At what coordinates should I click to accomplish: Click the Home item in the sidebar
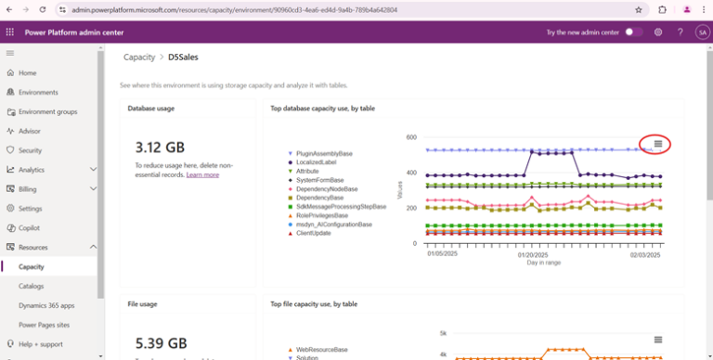[27, 72]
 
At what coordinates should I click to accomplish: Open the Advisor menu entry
[30, 131]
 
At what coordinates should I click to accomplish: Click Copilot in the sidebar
[29, 227]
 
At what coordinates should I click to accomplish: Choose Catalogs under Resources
[32, 286]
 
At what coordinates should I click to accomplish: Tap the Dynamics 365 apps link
[46, 305]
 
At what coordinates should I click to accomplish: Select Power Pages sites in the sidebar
[43, 325]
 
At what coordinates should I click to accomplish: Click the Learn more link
[202, 174]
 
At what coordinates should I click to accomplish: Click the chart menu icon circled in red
[657, 144]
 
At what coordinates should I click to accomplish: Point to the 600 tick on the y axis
[410, 137]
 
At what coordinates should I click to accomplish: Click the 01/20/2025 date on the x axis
[532, 253]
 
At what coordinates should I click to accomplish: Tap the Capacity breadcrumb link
[139, 57]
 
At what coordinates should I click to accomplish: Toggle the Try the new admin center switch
[634, 32]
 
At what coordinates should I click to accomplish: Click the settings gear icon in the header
[658, 32]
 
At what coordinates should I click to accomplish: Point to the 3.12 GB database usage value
[160, 147]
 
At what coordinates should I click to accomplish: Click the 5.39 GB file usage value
[160, 342]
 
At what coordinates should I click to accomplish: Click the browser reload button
[43, 9]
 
